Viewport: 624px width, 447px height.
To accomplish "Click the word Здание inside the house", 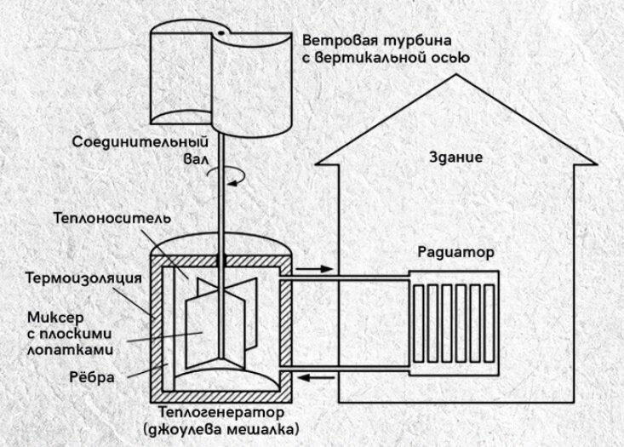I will click(x=457, y=158).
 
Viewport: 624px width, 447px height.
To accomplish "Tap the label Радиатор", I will click(x=455, y=253).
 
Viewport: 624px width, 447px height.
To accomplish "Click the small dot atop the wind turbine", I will click(x=219, y=32).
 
